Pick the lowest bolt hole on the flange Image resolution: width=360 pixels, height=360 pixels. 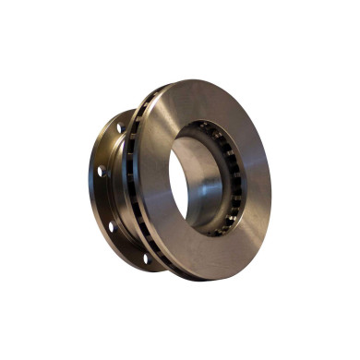click(x=144, y=257)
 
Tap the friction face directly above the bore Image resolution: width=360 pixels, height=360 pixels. click(x=198, y=102)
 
